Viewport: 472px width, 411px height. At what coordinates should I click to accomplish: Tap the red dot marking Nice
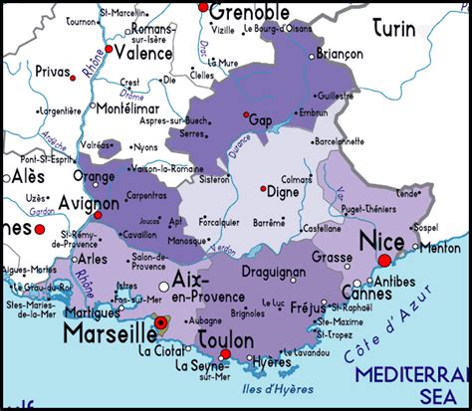pos(386,261)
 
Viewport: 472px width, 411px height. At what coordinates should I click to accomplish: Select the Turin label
pos(394,29)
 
